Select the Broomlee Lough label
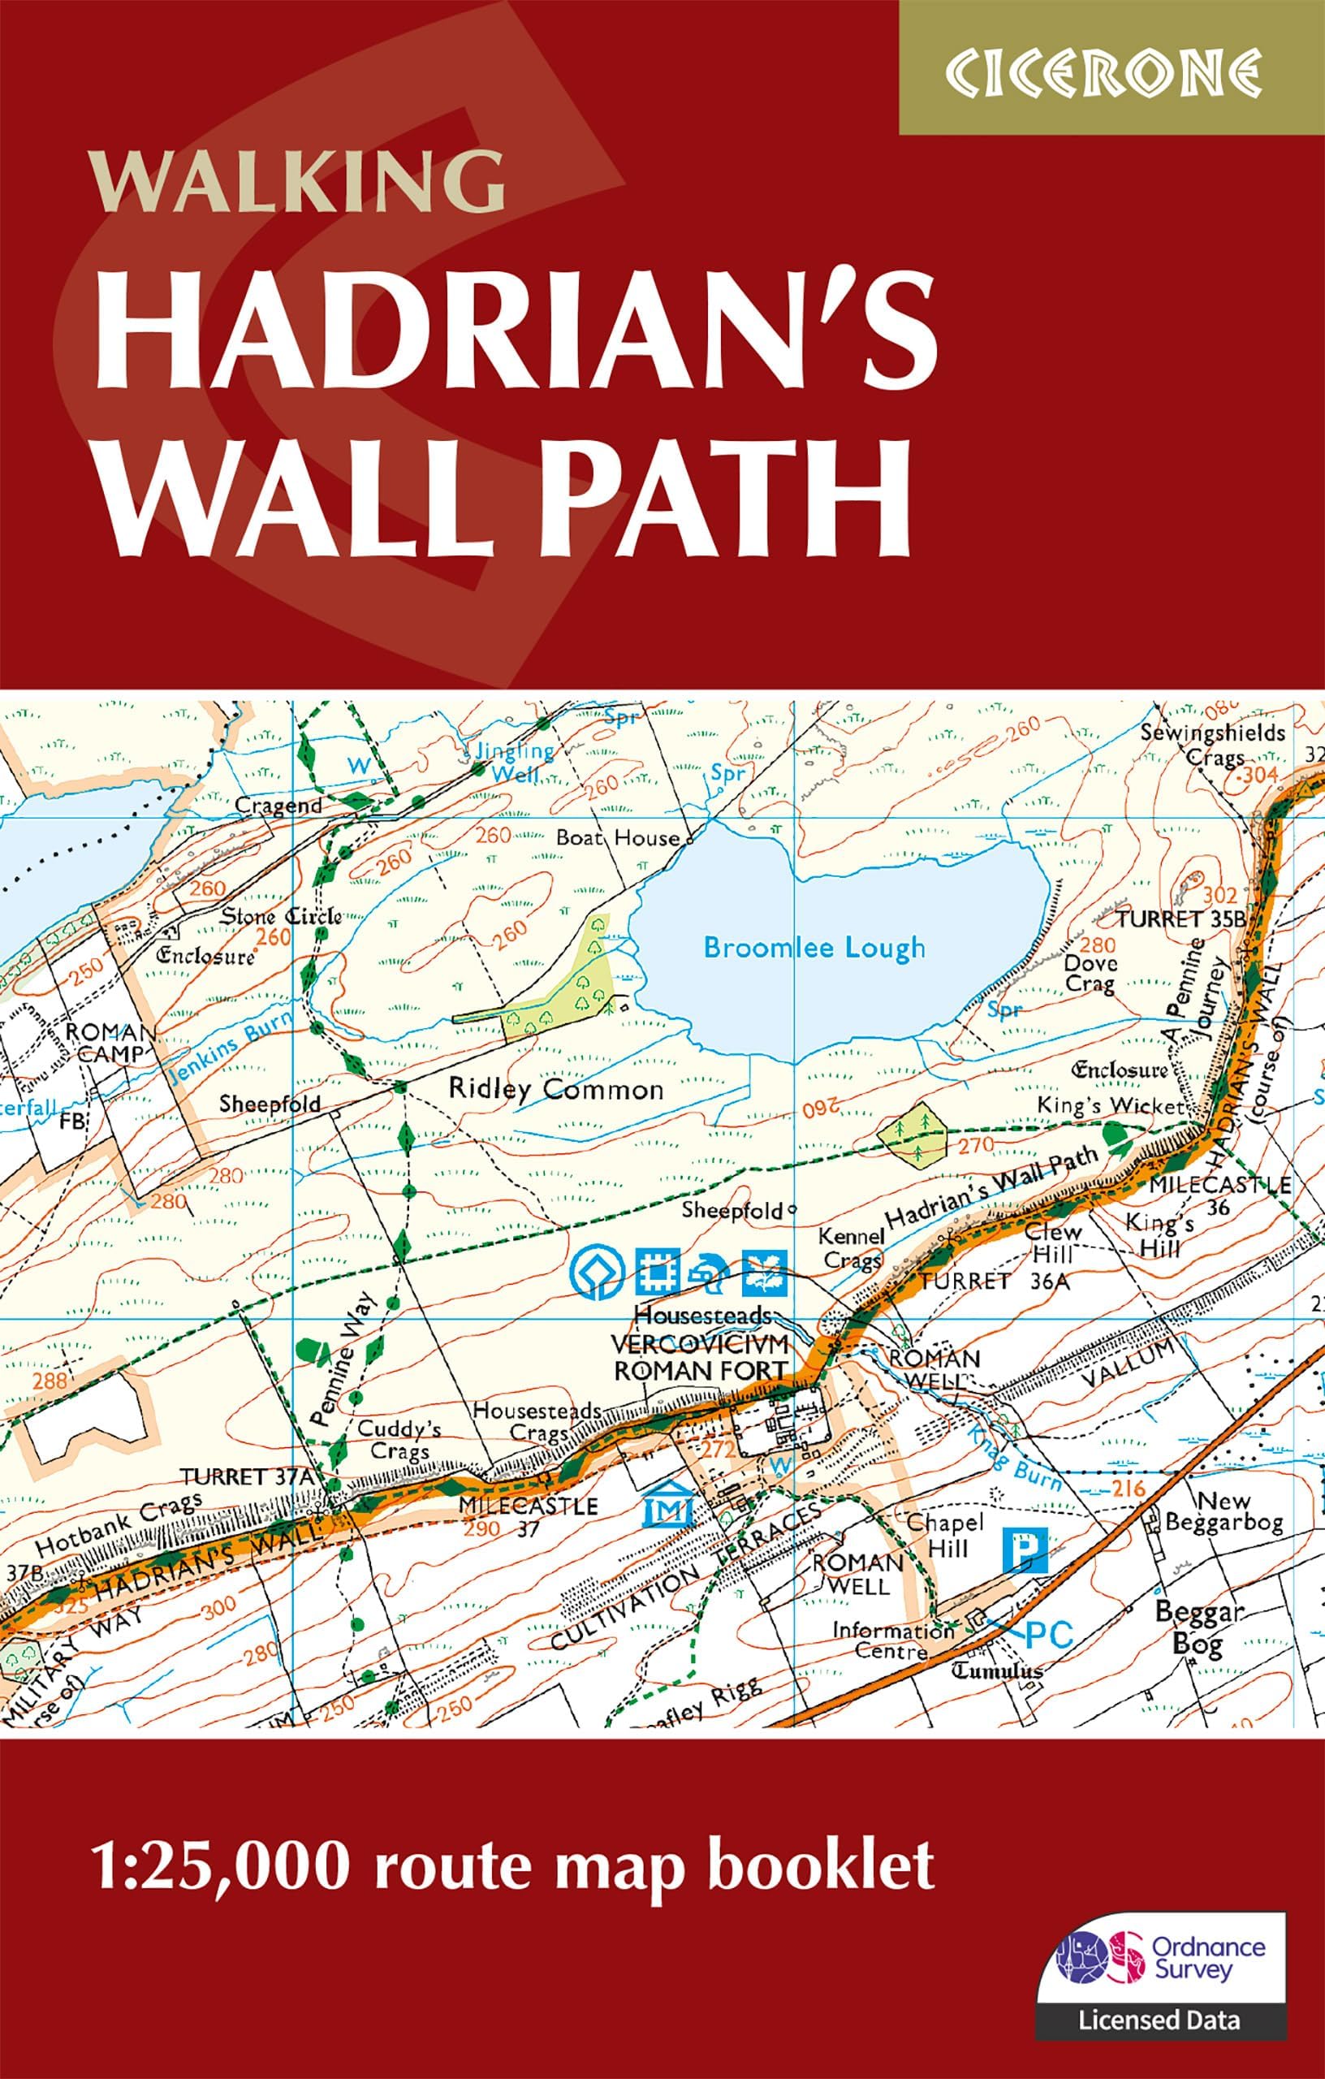click(x=814, y=948)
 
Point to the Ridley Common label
click(x=556, y=1089)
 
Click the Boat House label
click(x=618, y=837)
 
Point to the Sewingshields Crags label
click(x=1212, y=745)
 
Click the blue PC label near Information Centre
click(x=1048, y=1634)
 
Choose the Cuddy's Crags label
click(x=399, y=1439)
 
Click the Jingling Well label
click(x=515, y=762)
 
